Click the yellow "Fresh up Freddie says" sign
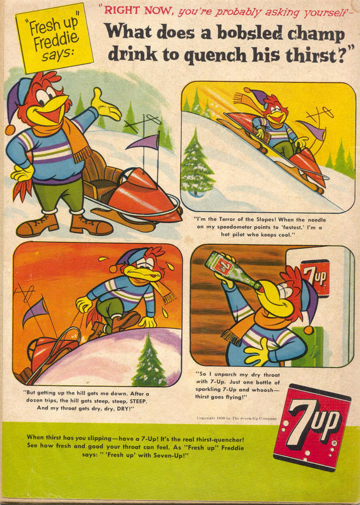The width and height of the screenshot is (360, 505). coord(54,38)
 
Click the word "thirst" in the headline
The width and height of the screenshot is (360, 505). coord(309,54)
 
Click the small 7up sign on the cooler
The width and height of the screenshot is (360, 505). coord(315,278)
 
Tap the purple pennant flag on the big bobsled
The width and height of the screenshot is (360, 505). coord(143,143)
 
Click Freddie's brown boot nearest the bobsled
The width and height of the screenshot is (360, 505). coord(91,225)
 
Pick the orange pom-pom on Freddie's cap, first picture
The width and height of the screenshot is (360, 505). coord(9,130)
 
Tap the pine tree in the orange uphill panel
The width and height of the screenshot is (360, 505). coord(150,360)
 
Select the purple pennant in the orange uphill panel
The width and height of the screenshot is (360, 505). coord(35,311)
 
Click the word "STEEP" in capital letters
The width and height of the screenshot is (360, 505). coord(138,401)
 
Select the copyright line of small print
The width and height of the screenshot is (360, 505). coord(236,419)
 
